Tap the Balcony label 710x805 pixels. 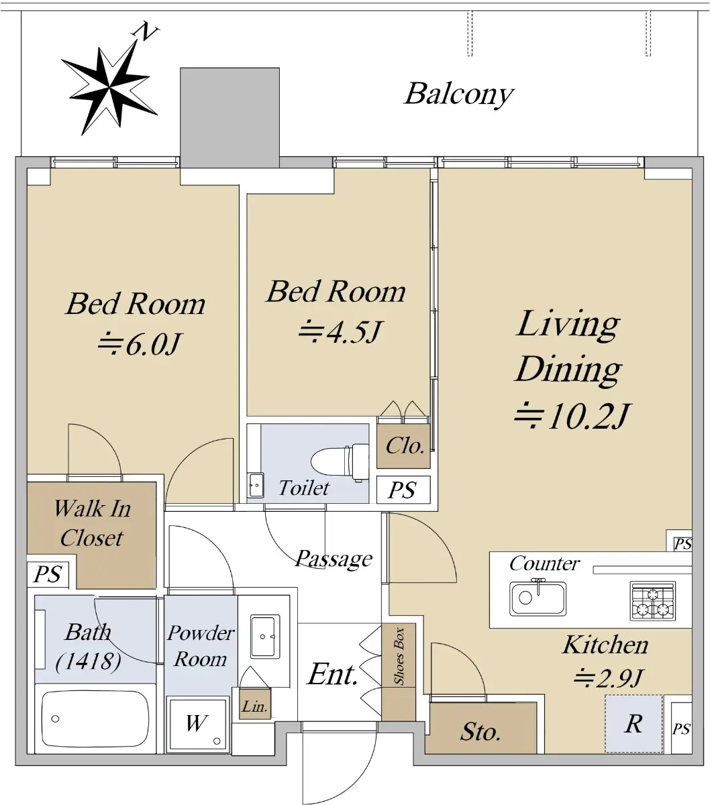point(459,95)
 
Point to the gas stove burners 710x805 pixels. point(653,601)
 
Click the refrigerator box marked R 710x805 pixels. point(633,724)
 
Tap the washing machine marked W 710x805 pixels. point(197,724)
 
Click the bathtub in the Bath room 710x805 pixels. point(95,718)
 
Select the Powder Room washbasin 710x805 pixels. point(265,637)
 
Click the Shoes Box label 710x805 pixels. point(399,657)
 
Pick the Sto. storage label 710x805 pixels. point(480,732)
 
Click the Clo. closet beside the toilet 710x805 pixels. point(403,446)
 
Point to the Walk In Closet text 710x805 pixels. point(92,523)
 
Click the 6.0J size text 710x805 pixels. point(140,344)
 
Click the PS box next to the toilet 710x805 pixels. point(403,490)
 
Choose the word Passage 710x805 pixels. point(334,559)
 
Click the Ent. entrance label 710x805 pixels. point(333,674)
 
